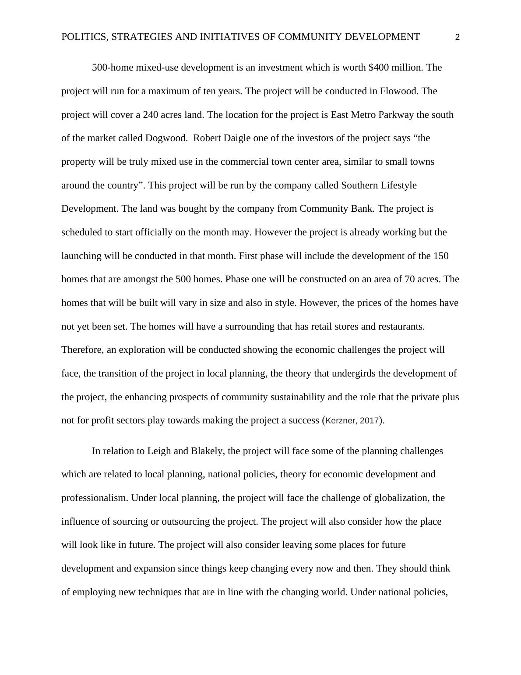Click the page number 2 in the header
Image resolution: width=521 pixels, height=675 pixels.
[x=458, y=38]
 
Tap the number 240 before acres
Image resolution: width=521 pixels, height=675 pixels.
[x=151, y=115]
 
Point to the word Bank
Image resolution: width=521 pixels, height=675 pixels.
[x=363, y=209]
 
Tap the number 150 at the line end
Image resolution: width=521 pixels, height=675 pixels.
[x=440, y=256]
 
